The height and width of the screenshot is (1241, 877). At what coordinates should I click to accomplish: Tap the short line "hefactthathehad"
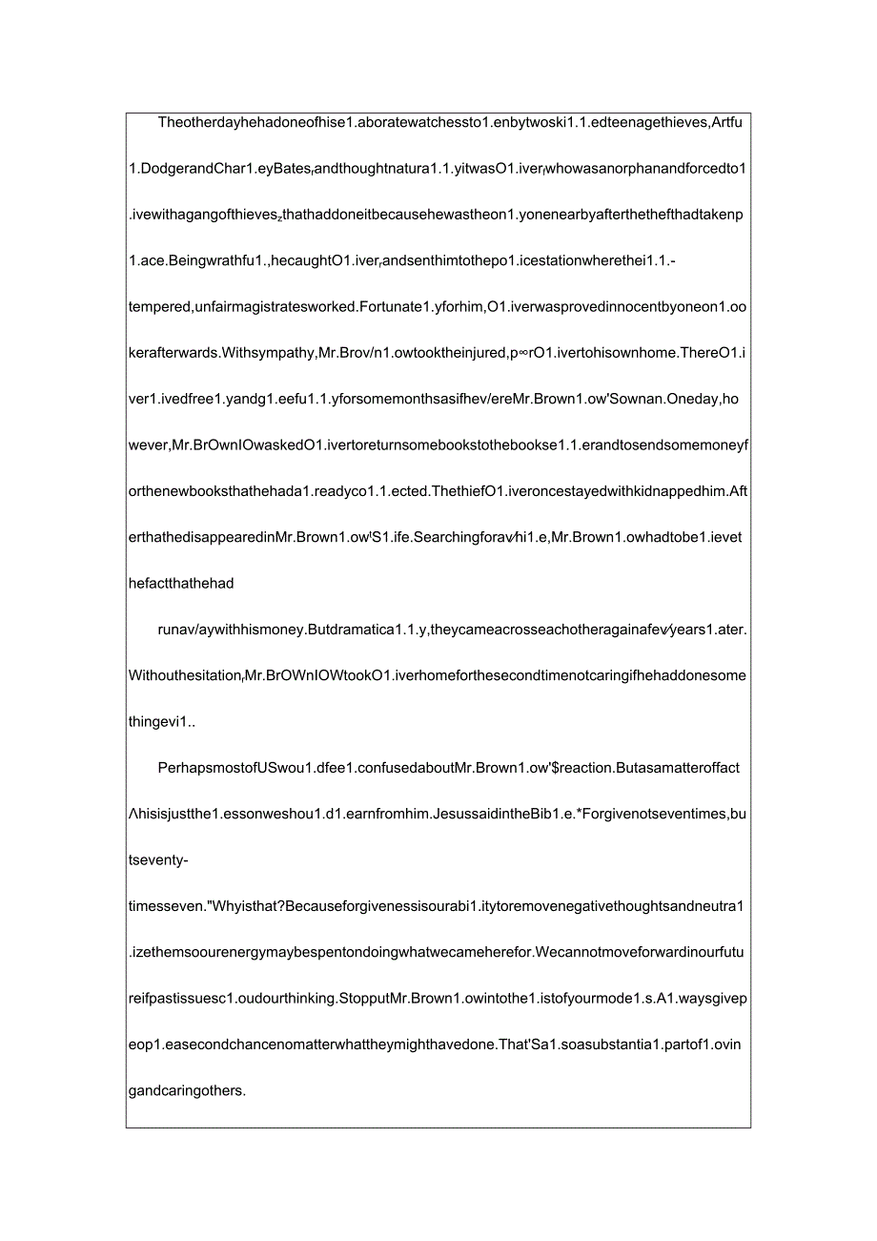pyautogui.click(x=181, y=583)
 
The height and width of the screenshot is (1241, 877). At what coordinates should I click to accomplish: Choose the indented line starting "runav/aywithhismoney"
pyautogui.click(x=452, y=630)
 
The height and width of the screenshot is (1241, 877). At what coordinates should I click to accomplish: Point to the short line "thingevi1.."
pyautogui.click(x=162, y=722)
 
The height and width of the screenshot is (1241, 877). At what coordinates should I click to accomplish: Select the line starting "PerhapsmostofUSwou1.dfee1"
pyautogui.click(x=449, y=768)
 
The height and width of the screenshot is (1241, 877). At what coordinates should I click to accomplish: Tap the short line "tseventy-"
pyautogui.click(x=158, y=860)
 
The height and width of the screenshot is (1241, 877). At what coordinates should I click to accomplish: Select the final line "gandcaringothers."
pyautogui.click(x=187, y=1090)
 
